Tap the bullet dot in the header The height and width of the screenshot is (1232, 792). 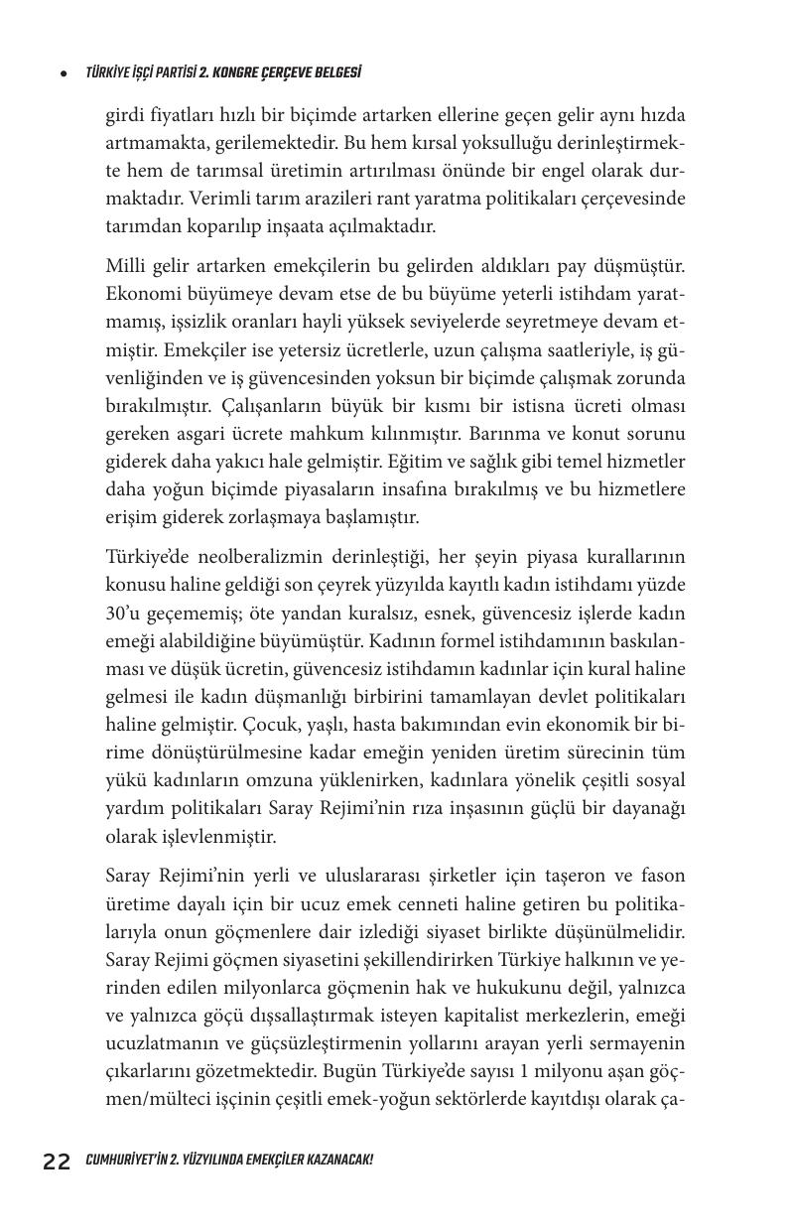click(x=64, y=73)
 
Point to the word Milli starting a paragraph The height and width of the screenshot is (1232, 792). click(x=126, y=266)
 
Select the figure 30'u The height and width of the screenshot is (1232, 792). click(x=124, y=614)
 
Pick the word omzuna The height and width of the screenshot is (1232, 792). click(x=293, y=780)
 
